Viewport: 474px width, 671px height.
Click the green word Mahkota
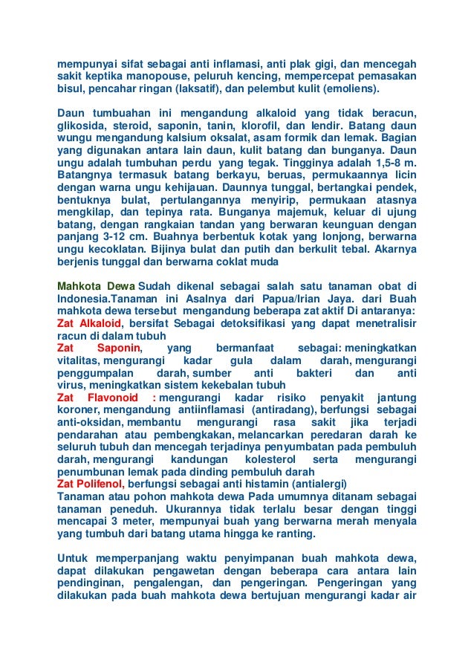coord(79,285)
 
